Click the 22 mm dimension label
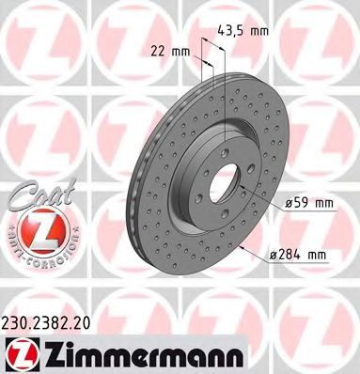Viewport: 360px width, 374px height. (171, 52)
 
